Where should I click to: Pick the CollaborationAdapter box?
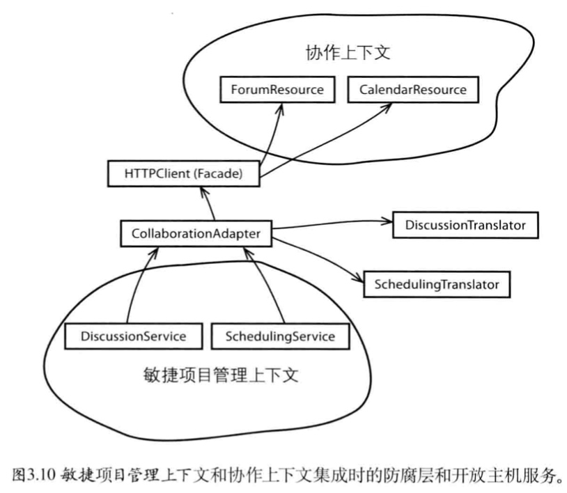(196, 233)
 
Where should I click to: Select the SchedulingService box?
(279, 336)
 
